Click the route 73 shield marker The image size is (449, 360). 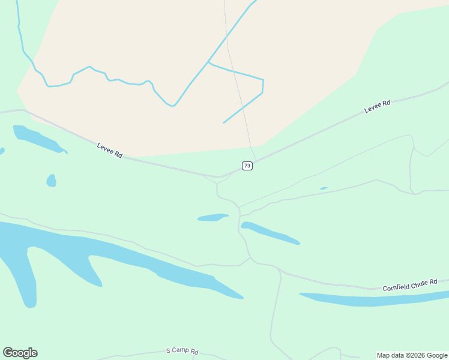tap(247, 166)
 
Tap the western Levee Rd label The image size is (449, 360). tap(110, 151)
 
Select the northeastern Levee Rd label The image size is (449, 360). tap(377, 106)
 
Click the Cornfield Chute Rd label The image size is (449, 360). tap(411, 284)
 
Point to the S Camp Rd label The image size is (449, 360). tap(182, 351)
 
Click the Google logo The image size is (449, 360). tap(20, 353)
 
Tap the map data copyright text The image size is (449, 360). tap(412, 355)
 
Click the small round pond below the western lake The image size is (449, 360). tap(51, 180)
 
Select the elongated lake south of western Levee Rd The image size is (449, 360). tap(37, 139)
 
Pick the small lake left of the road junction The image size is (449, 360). tap(212, 217)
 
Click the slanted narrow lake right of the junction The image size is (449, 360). tap(270, 233)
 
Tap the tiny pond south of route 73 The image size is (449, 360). tap(324, 188)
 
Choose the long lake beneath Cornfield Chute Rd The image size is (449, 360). tap(372, 299)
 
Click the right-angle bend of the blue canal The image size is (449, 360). tap(263, 80)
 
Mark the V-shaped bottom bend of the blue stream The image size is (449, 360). tap(172, 106)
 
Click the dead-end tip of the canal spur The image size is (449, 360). tap(224, 122)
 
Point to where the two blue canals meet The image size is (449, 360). tap(208, 62)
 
